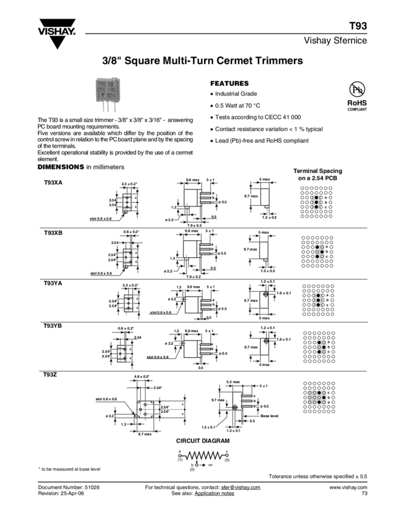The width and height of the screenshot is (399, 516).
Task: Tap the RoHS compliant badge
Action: [353, 103]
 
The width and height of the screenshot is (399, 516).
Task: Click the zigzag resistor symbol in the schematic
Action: [203, 454]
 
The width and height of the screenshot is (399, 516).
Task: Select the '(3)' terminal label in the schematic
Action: [227, 461]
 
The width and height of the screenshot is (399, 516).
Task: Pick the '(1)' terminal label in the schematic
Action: [180, 461]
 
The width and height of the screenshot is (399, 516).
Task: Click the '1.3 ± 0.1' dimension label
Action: [212, 427]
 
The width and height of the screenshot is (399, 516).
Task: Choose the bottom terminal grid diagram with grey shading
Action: [318, 397]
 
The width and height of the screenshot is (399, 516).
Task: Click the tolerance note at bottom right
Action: [318, 476]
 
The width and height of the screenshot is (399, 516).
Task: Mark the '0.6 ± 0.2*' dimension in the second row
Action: [131, 232]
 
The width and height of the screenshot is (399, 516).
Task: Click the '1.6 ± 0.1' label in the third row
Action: [283, 293]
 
